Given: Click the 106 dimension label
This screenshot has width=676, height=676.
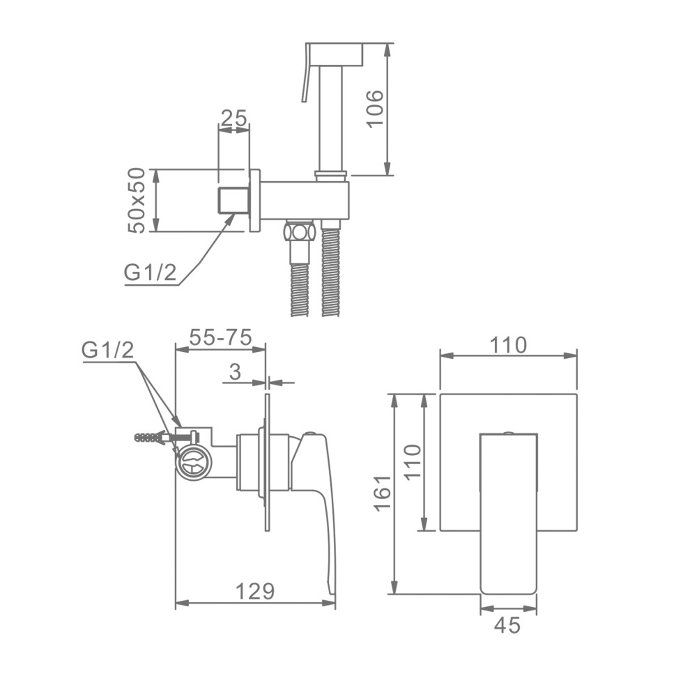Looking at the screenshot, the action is (374, 108).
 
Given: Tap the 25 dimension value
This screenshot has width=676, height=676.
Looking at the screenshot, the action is (233, 117).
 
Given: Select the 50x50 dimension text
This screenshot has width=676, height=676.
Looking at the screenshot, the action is (137, 201).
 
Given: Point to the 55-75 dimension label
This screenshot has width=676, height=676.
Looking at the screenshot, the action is (220, 337).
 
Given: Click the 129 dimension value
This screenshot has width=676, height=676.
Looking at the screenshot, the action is (255, 591).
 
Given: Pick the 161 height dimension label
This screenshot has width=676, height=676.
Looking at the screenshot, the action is (383, 493).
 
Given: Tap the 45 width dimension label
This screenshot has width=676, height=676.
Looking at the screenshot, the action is (507, 624).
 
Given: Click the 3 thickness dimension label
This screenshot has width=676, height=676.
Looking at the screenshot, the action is (236, 371).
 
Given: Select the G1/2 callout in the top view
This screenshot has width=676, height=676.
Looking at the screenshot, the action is (150, 272).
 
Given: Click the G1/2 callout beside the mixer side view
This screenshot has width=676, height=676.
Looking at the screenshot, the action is (108, 351).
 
